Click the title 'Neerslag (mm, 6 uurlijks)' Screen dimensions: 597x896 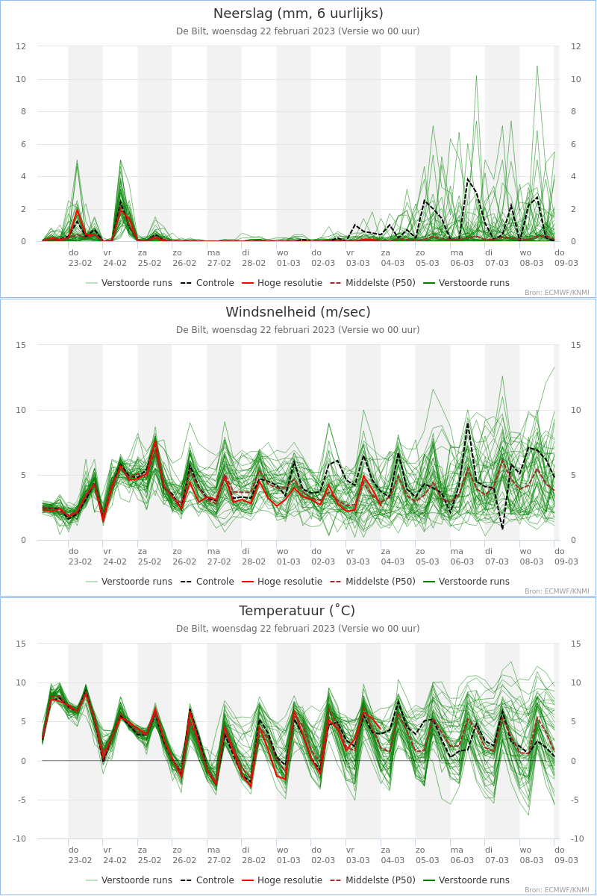pos(298,13)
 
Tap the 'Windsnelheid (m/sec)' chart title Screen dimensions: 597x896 pos(298,312)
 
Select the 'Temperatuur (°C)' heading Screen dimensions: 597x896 pos(297,611)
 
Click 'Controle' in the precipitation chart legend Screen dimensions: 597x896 pos(215,283)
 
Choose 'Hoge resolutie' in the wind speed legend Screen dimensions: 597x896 pos(290,581)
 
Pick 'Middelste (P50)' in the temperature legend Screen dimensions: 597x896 pos(381,880)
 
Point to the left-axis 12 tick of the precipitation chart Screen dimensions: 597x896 pos(21,46)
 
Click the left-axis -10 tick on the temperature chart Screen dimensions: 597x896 pos(19,839)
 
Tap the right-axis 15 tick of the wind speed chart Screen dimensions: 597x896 pos(575,345)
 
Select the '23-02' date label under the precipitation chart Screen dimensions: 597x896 pos(80,263)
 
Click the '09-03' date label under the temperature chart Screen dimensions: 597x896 pos(566,860)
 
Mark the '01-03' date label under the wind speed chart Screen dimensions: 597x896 pos(288,561)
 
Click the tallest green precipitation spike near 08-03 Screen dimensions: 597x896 pos(537,66)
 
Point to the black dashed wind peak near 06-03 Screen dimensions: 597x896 pos(468,423)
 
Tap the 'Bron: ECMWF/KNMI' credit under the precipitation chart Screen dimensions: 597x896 pos(557,293)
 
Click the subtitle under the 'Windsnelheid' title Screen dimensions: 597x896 pos(298,330)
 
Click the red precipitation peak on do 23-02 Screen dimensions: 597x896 pos(77,209)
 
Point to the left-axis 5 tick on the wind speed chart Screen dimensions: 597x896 pos(23,475)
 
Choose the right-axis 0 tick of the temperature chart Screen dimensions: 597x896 pos(573,761)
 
